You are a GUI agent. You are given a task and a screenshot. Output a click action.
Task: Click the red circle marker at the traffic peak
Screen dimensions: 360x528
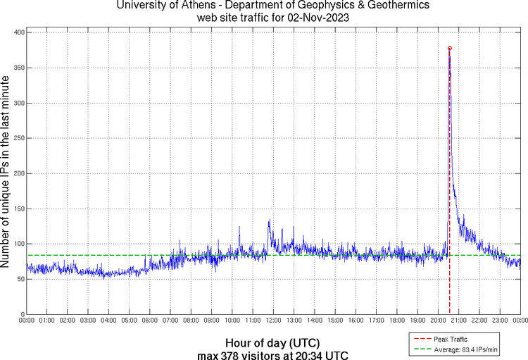[449, 48]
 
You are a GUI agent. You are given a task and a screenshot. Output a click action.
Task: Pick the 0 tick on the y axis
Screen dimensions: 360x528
[22, 314]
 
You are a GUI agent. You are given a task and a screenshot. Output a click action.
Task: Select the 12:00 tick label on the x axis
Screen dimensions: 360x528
[273, 321]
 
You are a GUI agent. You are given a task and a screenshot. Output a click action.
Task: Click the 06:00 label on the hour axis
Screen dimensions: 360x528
[150, 321]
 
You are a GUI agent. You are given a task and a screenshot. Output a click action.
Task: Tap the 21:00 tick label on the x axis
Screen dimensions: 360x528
[458, 321]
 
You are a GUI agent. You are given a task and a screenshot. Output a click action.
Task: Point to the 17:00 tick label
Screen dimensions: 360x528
[376, 321]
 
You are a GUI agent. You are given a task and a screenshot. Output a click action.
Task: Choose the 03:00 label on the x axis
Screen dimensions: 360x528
[88, 321]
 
